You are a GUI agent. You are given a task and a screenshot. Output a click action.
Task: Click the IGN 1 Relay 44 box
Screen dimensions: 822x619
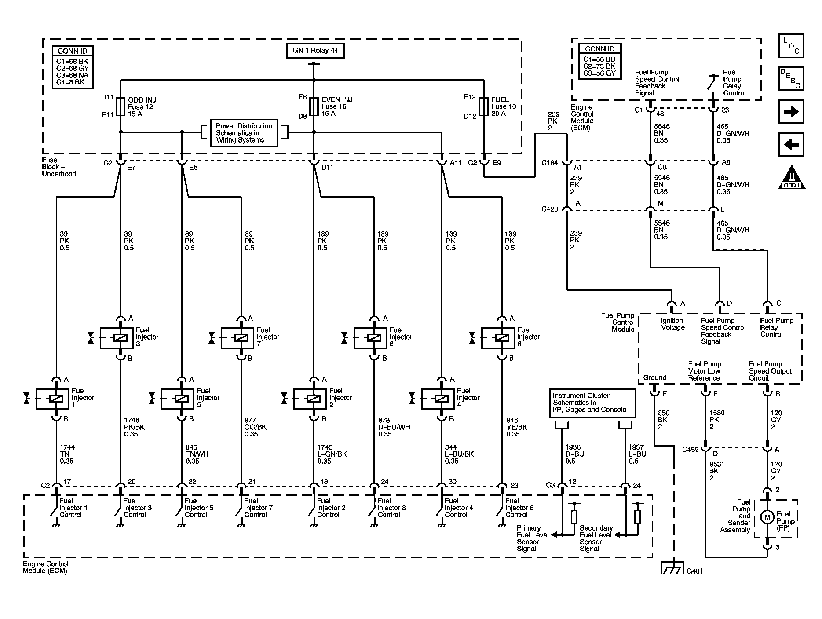click(314, 51)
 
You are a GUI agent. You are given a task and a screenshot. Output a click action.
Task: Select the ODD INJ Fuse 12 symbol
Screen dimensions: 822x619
click(121, 107)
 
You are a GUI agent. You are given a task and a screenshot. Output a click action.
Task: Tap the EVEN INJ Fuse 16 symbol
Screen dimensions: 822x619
click(314, 106)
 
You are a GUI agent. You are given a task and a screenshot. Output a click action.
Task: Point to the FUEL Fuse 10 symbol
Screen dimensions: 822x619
click(484, 106)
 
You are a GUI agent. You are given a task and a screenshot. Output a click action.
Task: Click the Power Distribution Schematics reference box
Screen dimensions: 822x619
click(244, 133)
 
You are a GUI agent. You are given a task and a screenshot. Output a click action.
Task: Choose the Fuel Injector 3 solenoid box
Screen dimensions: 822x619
click(117, 338)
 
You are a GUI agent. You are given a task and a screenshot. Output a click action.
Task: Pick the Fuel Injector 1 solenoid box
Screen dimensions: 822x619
click(52, 399)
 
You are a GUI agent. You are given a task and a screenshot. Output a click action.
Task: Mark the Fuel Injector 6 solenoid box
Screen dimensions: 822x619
click(498, 338)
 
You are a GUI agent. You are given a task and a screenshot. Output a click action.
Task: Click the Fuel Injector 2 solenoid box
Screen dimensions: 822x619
click(310, 399)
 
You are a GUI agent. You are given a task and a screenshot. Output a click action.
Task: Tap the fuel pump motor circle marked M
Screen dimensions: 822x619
click(767, 517)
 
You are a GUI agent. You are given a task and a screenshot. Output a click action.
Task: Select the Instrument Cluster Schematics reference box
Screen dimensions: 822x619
click(592, 403)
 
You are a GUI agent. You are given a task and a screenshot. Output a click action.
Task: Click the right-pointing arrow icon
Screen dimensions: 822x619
click(791, 112)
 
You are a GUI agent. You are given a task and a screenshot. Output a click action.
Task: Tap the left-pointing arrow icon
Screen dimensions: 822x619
click(791, 145)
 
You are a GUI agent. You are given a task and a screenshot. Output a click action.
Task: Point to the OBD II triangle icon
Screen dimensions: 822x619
click(792, 178)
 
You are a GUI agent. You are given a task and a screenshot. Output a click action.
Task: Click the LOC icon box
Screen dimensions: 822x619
click(791, 46)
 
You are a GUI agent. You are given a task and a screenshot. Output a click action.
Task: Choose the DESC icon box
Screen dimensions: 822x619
click(791, 79)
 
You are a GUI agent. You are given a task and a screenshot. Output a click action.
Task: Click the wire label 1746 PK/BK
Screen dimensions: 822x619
click(134, 427)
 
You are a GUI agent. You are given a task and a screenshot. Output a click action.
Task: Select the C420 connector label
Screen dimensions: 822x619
click(550, 209)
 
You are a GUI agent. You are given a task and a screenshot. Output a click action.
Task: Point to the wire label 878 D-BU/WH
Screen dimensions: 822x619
click(394, 427)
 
